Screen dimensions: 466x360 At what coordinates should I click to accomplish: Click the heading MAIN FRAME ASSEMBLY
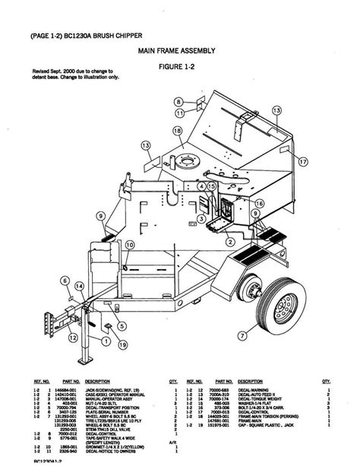tap(176, 51)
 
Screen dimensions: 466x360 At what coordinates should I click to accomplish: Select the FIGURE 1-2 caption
tap(176, 66)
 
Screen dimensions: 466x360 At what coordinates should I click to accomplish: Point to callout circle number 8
tap(178, 101)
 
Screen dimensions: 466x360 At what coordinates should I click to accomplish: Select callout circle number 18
tap(176, 131)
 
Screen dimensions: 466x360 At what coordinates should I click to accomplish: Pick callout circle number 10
tap(130, 245)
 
